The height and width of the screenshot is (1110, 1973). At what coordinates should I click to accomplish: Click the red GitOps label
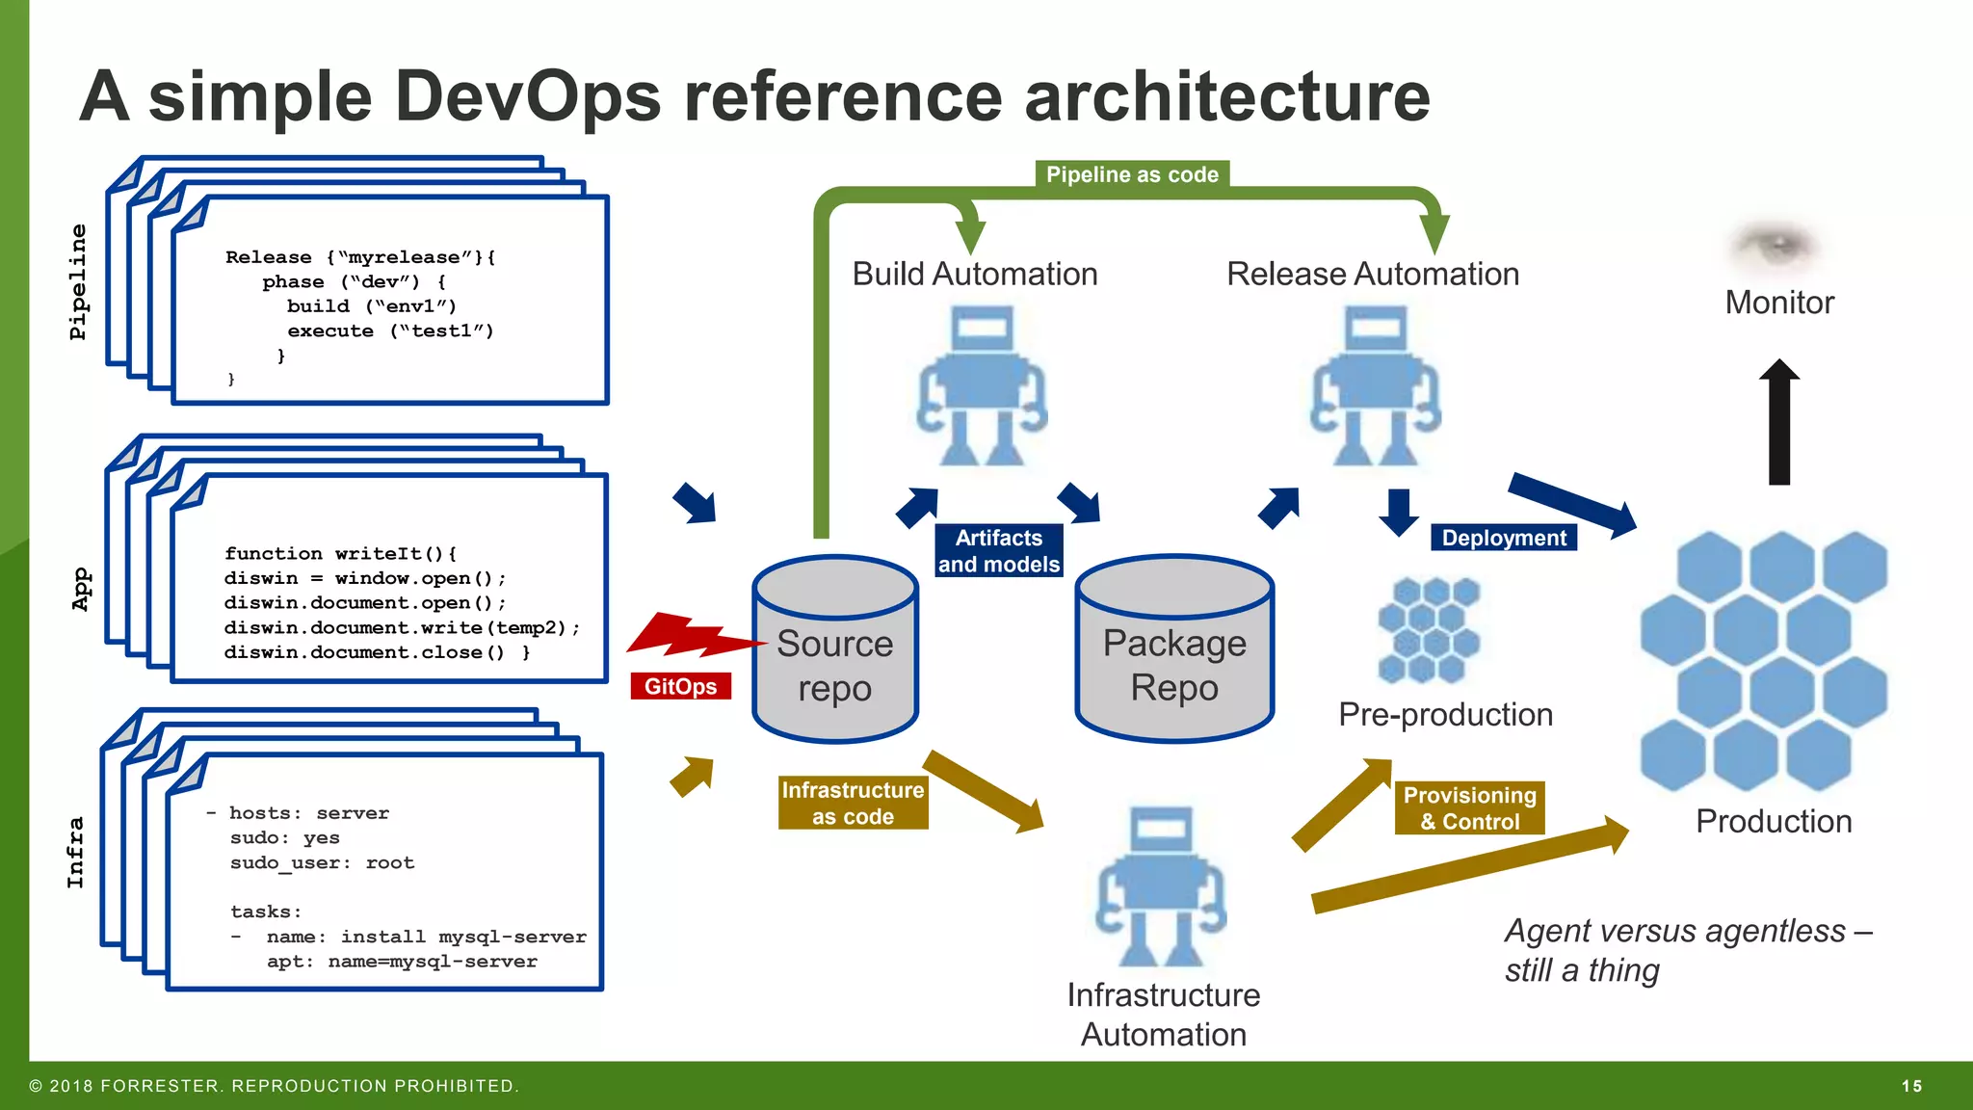click(680, 686)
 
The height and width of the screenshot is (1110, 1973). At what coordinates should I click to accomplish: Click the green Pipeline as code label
click(1132, 174)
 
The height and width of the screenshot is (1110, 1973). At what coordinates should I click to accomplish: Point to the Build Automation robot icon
click(981, 385)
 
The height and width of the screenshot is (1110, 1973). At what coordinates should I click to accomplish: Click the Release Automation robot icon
click(1376, 385)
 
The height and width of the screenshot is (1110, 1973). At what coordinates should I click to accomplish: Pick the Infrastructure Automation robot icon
click(1162, 886)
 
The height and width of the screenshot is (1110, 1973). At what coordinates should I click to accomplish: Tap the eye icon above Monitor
click(1776, 245)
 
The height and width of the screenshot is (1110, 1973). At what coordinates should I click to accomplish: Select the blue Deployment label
click(1503, 538)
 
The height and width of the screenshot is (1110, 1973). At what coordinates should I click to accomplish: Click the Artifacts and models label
click(999, 551)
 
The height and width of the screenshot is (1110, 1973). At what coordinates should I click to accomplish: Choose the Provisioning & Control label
click(1469, 807)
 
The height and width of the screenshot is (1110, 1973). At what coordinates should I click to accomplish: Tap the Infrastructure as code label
click(853, 803)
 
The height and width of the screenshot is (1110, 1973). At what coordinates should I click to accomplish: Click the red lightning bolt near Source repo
click(694, 636)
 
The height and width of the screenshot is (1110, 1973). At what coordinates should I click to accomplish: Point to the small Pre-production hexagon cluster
click(1429, 630)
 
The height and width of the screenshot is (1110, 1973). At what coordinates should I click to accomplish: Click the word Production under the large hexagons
click(1774, 821)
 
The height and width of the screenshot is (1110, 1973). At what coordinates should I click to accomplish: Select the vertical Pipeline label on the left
click(78, 281)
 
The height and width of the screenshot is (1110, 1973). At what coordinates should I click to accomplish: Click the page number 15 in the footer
click(1911, 1086)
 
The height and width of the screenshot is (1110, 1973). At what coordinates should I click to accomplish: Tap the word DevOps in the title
click(528, 96)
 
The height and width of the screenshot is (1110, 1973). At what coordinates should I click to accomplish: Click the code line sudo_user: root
click(322, 862)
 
